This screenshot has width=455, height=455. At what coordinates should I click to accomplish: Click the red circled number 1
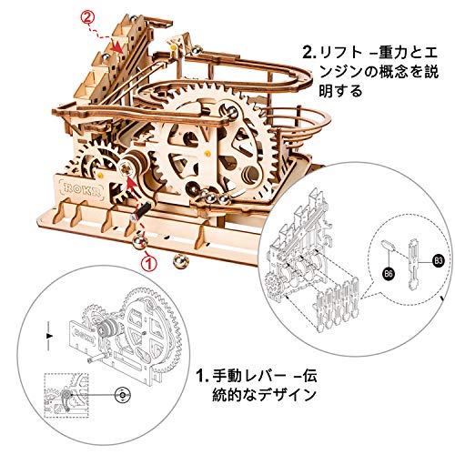coord(149,262)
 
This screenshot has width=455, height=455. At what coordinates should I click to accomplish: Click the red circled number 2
coord(87,18)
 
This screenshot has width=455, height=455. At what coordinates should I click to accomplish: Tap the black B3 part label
coord(438,260)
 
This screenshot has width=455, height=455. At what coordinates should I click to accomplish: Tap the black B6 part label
coord(389,274)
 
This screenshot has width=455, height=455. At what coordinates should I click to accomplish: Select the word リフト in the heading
coord(340,54)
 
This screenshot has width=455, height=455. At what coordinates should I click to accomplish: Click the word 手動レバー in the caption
coord(248,376)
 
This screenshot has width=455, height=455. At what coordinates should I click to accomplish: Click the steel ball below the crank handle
coord(140,242)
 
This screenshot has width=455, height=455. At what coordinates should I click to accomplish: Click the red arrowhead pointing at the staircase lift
coord(117,47)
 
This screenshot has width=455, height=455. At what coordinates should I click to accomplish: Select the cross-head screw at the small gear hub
coord(126,167)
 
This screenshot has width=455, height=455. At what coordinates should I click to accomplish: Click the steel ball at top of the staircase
coord(133,19)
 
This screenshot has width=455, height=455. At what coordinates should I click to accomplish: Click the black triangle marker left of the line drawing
coord(49,336)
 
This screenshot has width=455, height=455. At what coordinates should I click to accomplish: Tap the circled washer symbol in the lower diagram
coord(123,395)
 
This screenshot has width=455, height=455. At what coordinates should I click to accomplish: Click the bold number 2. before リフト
coord(309,54)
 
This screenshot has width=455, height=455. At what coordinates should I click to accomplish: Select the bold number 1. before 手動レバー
coord(202,376)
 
